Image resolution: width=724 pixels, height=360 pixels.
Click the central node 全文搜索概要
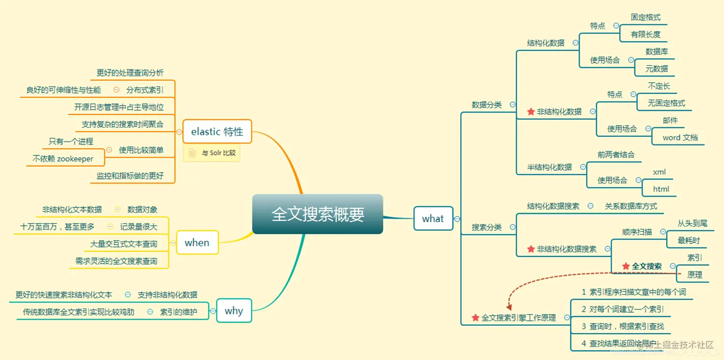[x=317, y=214]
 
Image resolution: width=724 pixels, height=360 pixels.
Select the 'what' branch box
[x=433, y=219]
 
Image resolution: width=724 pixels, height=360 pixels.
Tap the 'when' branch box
[x=197, y=243]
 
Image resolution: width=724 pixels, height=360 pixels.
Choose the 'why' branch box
[x=234, y=311]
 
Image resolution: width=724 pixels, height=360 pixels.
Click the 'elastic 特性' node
[x=217, y=131]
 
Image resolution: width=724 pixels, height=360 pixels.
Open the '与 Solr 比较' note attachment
[x=212, y=153]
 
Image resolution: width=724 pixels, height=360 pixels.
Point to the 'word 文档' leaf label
[x=680, y=137]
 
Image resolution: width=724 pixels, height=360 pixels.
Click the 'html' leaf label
[x=661, y=189]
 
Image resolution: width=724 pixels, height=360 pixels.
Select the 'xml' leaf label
[x=659, y=172]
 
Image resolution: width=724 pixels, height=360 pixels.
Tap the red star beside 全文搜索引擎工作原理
[x=475, y=317]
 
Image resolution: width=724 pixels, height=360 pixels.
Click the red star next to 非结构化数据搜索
[x=531, y=249]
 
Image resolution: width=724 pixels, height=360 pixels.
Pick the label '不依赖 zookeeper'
[x=63, y=158]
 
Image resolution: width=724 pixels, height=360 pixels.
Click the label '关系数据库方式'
[x=631, y=206]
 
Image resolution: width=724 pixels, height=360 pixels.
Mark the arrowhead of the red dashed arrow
[x=509, y=307]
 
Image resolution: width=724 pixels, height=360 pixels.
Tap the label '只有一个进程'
[x=71, y=141]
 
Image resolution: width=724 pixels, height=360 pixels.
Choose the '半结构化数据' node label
[x=549, y=167]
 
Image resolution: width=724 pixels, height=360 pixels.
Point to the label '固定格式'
[x=645, y=17]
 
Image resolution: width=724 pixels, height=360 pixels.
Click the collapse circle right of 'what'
[x=457, y=219]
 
